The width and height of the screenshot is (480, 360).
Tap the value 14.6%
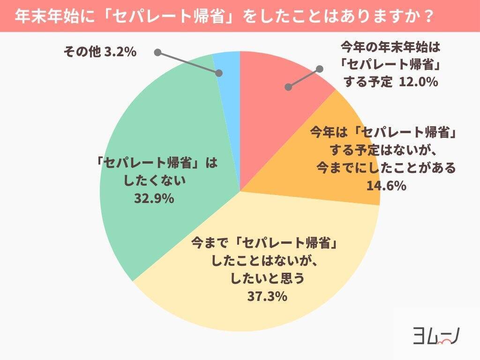click(386, 186)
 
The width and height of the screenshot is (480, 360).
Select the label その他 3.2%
click(100, 52)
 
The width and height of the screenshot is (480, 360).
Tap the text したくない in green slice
click(154, 181)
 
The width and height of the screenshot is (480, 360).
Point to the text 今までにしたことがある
click(386, 168)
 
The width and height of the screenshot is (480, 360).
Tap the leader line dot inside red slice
click(289, 87)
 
